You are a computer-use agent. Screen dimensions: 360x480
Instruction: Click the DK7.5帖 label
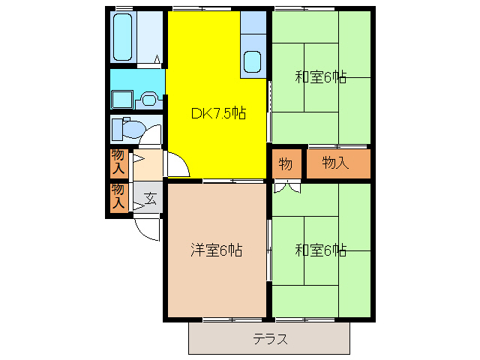pyautogui.click(x=218, y=114)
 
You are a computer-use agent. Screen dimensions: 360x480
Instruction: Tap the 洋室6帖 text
pyautogui.click(x=216, y=250)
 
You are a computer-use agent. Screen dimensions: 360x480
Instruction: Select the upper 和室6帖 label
pyautogui.click(x=320, y=76)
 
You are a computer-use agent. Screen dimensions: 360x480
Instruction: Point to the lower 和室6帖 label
pyautogui.click(x=320, y=250)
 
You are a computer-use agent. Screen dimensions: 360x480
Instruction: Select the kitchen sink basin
pyautogui.click(x=253, y=63)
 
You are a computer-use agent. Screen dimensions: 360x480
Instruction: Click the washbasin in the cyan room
pyautogui.click(x=150, y=97)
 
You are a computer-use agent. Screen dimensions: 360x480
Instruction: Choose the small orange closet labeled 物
pyautogui.click(x=286, y=164)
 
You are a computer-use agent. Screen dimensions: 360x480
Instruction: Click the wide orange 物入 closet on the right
pyautogui.click(x=337, y=164)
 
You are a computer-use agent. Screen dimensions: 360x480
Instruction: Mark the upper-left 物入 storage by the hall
pyautogui.click(x=118, y=163)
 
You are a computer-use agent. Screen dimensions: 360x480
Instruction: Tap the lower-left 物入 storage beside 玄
pyautogui.click(x=118, y=197)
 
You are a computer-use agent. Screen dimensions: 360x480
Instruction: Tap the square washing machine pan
pyautogui.click(x=121, y=99)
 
